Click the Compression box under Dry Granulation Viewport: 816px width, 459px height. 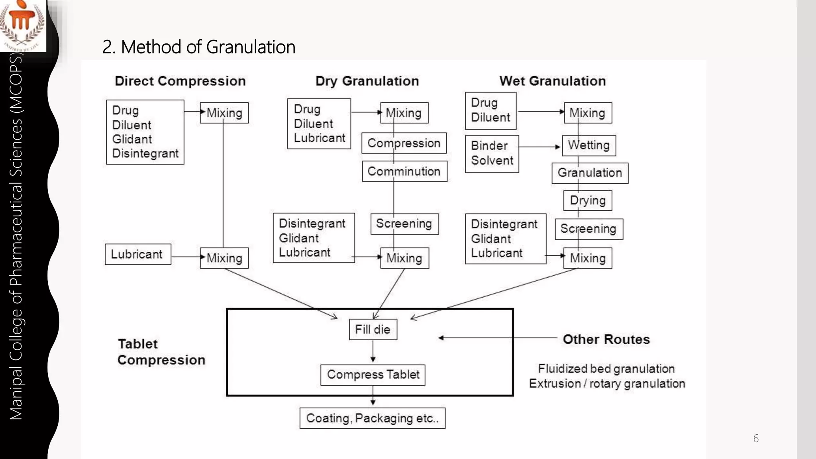coord(404,143)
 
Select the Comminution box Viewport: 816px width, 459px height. coord(404,171)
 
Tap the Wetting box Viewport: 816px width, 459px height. coord(588,145)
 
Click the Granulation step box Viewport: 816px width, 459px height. coord(590,173)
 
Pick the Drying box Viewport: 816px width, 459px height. coord(588,200)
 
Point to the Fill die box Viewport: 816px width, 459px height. coord(373,330)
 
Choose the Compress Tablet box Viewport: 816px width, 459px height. coord(373,375)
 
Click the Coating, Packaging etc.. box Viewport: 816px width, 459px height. coord(372,418)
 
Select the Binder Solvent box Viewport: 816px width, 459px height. coord(492,153)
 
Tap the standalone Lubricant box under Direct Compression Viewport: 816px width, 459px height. coord(137,254)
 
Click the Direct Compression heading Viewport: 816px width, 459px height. coord(180,81)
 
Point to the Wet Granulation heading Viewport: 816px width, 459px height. coord(552,81)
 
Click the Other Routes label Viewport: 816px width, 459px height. coord(606,339)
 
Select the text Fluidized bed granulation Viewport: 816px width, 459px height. coord(606,369)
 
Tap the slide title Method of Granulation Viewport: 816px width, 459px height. coord(198,47)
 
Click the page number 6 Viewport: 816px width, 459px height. coord(755,439)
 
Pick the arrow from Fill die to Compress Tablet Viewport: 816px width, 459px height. coord(373,351)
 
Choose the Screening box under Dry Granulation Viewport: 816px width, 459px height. coord(404,224)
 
